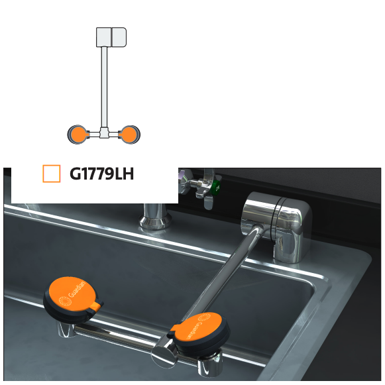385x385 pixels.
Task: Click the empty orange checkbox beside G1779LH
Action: (52, 174)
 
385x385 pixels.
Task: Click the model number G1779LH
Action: (101, 174)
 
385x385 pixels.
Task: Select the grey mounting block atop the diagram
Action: (111, 37)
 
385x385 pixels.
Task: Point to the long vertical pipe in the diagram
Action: (104, 87)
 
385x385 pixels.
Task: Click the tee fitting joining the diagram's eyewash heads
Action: (104, 133)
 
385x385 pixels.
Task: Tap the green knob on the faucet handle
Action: (215, 188)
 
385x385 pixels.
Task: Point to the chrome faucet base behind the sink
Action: (154, 216)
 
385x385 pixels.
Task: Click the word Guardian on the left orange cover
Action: (77, 289)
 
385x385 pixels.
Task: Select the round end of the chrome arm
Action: (164, 355)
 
